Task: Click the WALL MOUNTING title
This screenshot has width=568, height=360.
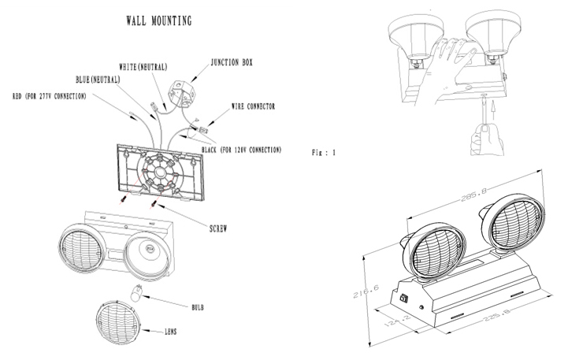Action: pyautogui.click(x=158, y=20)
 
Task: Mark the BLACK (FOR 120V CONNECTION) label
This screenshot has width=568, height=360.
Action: pyautogui.click(x=240, y=150)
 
